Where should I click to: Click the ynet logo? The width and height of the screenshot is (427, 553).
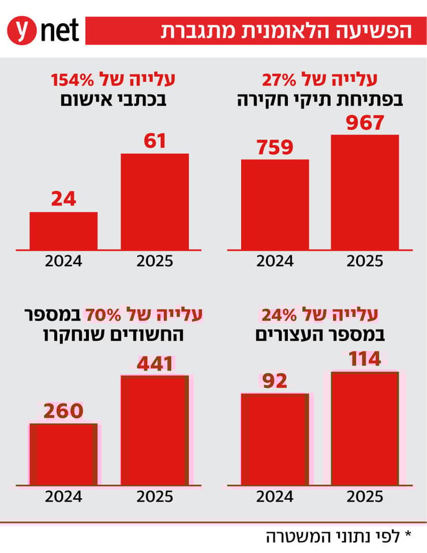pos(43,30)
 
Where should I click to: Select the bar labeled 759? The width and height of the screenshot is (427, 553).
pos(275,204)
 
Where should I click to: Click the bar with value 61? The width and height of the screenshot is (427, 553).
pos(155,201)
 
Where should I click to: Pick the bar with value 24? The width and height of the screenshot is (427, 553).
pos(63,230)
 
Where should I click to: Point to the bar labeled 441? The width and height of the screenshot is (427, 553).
pos(155,429)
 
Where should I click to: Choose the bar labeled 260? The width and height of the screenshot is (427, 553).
pos(63,454)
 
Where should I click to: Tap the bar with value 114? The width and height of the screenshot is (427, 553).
pos(365,428)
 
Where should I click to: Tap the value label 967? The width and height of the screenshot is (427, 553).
pos(365,123)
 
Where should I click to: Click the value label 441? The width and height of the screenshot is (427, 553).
pos(155,364)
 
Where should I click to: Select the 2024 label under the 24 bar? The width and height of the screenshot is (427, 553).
pos(63,261)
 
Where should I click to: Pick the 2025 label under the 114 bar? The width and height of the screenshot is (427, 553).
pos(365,496)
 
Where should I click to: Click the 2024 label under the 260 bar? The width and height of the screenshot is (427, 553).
pos(63,496)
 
